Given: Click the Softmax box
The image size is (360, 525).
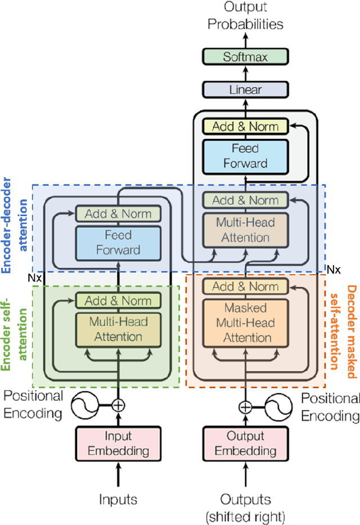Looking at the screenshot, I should [x=245, y=57].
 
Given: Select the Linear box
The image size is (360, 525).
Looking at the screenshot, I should [x=245, y=89].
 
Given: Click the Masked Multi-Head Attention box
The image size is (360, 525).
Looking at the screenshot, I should [x=245, y=323].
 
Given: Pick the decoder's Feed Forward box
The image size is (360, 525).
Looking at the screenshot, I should [x=245, y=156].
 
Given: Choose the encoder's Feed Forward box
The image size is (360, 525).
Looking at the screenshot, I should [x=118, y=241].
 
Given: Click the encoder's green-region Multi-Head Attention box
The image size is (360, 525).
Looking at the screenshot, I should [x=118, y=329].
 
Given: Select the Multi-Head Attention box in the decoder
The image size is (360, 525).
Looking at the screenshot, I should [x=245, y=230].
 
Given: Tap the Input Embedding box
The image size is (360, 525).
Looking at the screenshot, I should [x=118, y=444].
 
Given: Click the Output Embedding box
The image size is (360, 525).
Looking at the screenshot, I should [x=245, y=444].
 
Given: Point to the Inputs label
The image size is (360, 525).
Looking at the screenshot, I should [x=118, y=499].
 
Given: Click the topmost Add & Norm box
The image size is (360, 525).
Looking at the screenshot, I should [x=245, y=126].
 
